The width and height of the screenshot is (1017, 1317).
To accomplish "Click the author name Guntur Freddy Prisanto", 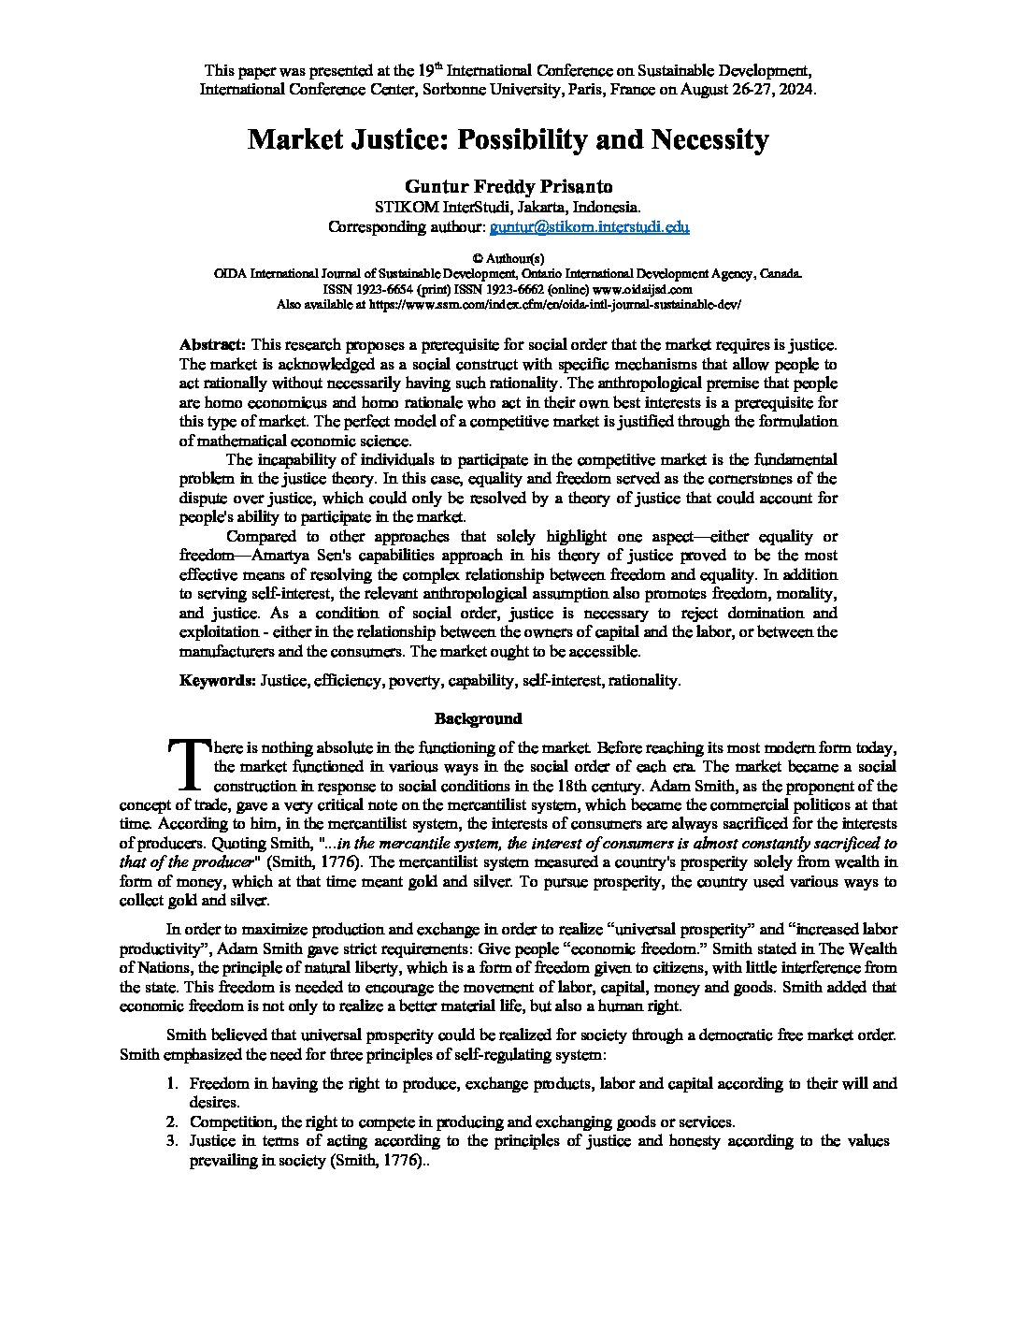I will pyautogui.click(x=508, y=186).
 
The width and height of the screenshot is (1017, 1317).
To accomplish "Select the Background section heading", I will pyautogui.click(x=478, y=718).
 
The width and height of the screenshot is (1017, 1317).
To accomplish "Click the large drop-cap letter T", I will pyautogui.click(x=186, y=763).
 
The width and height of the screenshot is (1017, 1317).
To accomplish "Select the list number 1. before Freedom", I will pyautogui.click(x=172, y=1084).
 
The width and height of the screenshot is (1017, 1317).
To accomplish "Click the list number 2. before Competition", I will pyautogui.click(x=172, y=1122).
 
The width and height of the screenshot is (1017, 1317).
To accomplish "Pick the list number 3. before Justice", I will pyautogui.click(x=172, y=1141).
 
